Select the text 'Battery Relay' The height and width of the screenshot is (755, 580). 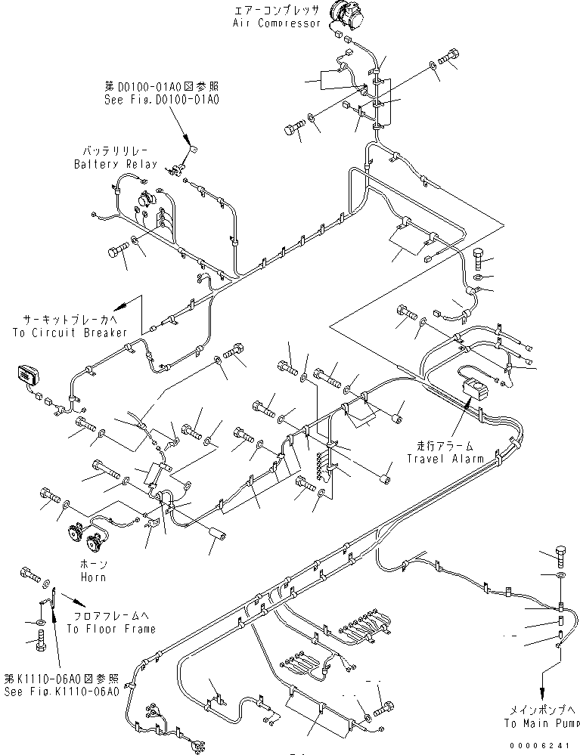[116, 164]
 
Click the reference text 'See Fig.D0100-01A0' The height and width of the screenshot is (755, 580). [162, 99]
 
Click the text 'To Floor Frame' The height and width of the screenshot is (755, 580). [111, 628]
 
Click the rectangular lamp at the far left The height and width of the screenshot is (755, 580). [26, 375]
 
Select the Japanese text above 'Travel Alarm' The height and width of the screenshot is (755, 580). [440, 446]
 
